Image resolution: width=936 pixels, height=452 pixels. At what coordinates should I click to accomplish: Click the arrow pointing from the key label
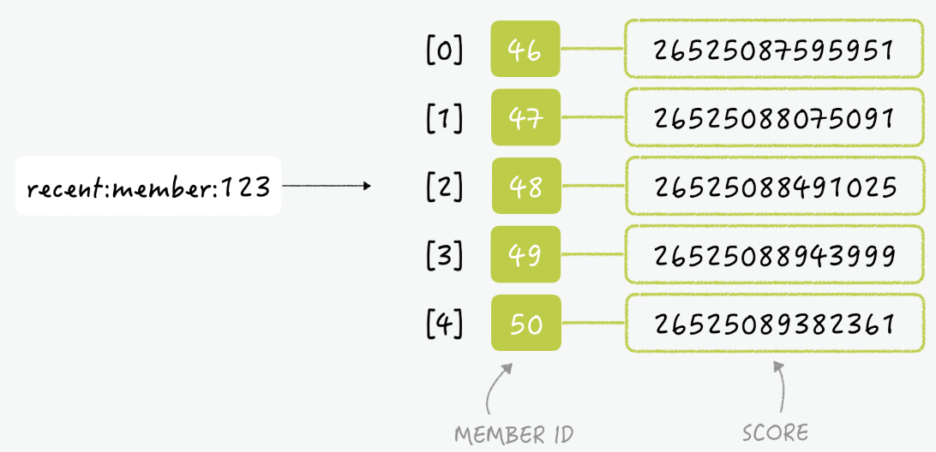click(x=326, y=186)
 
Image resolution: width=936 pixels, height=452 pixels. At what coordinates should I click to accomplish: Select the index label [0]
click(x=445, y=51)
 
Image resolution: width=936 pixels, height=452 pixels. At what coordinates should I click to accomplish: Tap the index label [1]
click(x=445, y=118)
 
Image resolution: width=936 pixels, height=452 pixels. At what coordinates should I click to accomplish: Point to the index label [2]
click(x=445, y=187)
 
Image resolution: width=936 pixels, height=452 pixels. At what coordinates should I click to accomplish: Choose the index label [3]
click(x=445, y=255)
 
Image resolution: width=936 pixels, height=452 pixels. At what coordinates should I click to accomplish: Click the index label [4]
click(x=445, y=324)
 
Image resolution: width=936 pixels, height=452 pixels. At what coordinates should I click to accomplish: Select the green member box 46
click(x=525, y=49)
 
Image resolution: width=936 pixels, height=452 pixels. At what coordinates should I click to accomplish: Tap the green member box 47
click(x=526, y=117)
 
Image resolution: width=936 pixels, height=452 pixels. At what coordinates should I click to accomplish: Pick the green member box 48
click(x=526, y=186)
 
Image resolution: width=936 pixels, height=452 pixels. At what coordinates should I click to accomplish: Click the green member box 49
click(x=526, y=254)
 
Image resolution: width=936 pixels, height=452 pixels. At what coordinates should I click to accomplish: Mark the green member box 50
click(x=526, y=323)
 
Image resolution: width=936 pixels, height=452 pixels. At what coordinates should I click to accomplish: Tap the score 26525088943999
click(x=774, y=254)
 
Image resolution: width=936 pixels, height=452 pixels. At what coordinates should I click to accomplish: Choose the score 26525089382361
click(x=774, y=323)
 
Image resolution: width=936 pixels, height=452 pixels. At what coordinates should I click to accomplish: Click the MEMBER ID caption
click(x=514, y=435)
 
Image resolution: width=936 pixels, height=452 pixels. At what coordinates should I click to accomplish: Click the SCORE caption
click(x=776, y=433)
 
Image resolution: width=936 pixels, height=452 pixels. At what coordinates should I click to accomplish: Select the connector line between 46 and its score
click(x=593, y=49)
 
